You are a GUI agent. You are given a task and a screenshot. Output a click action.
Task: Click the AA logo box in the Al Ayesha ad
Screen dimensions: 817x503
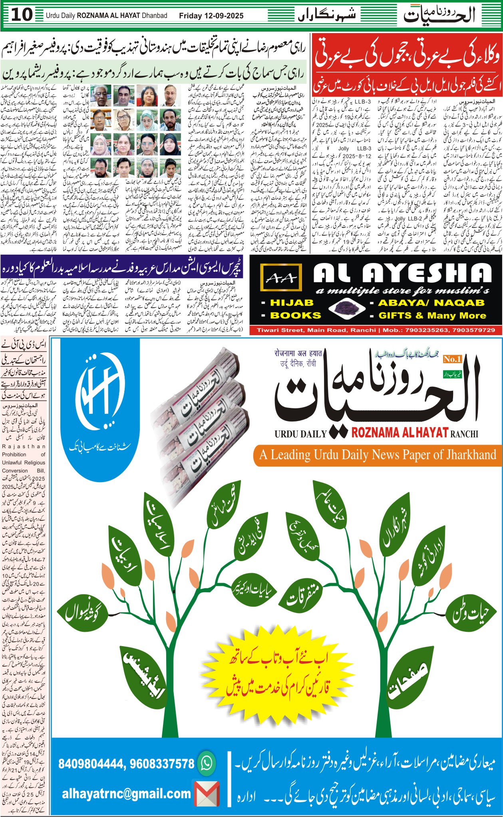[x=279, y=278]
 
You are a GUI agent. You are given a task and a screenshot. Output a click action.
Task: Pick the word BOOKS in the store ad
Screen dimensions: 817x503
[x=296, y=315]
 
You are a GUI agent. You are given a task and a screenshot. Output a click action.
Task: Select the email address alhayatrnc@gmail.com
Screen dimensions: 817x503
[x=126, y=793]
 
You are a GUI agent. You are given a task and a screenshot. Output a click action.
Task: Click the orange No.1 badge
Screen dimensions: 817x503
[x=452, y=359]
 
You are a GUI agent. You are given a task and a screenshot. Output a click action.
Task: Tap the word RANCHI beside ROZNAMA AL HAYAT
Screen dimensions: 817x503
[x=463, y=433]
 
